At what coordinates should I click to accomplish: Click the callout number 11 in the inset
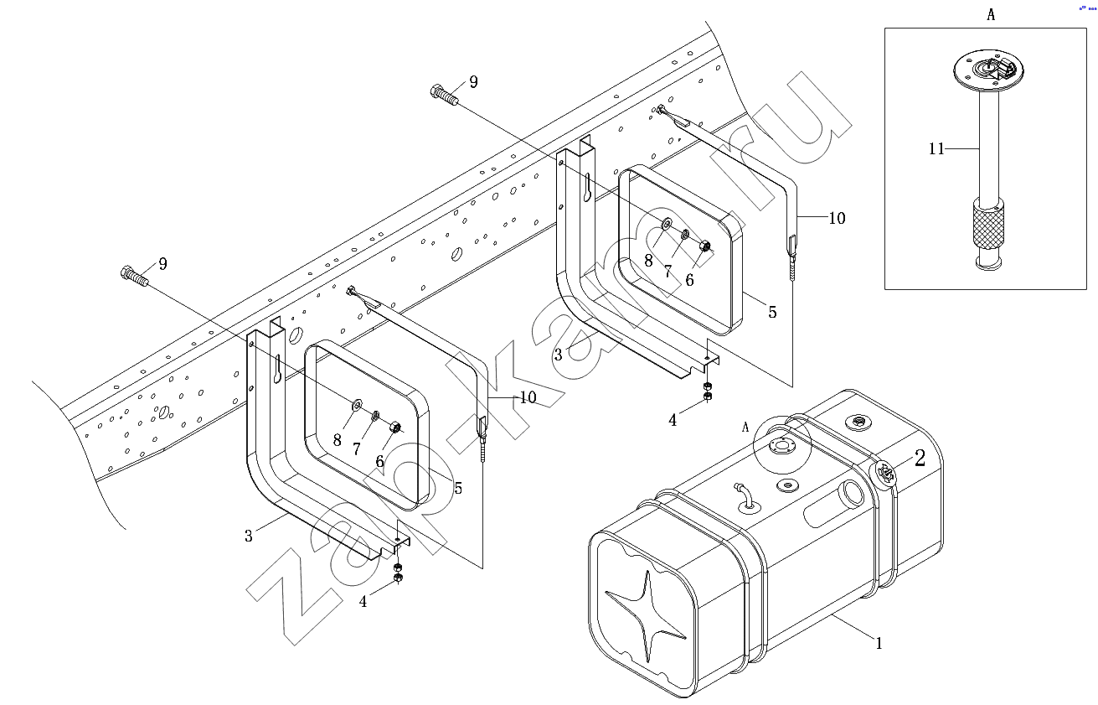pyautogui.click(x=936, y=148)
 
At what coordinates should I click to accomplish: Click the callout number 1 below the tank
pyautogui.click(x=879, y=643)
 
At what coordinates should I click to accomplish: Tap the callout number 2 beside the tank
pyautogui.click(x=920, y=459)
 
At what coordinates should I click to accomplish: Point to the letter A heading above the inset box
pyautogui.click(x=991, y=15)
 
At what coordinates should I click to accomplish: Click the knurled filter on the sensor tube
pyautogui.click(x=987, y=224)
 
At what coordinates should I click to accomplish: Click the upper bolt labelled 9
pyautogui.click(x=445, y=95)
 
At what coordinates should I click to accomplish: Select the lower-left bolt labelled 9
pyautogui.click(x=134, y=276)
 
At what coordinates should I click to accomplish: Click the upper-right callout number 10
pyautogui.click(x=837, y=218)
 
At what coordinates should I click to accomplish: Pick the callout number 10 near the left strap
pyautogui.click(x=528, y=397)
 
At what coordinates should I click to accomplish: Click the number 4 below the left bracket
pyautogui.click(x=363, y=602)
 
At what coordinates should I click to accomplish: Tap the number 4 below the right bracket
pyautogui.click(x=673, y=420)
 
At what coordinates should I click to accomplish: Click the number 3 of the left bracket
pyautogui.click(x=249, y=536)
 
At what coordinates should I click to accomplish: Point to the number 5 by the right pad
pyautogui.click(x=772, y=312)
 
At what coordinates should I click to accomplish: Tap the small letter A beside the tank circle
pyautogui.click(x=745, y=428)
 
